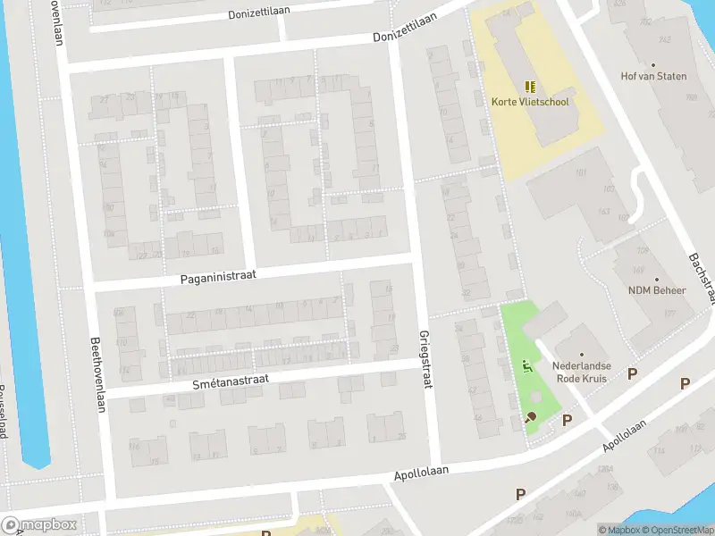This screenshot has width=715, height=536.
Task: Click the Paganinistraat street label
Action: click(218, 277)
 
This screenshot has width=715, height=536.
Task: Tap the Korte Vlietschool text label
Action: click(530, 102)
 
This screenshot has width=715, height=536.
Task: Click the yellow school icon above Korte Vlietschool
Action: click(530, 87)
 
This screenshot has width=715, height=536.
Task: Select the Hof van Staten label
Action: click(653, 76)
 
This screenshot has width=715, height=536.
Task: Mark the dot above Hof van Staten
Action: click(653, 64)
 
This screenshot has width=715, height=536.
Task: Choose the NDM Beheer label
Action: click(657, 290)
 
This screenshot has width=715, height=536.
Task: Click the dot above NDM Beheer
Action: click(657, 279)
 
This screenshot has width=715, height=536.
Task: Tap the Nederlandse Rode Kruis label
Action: click(581, 373)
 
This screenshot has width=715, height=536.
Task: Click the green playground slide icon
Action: click(526, 365)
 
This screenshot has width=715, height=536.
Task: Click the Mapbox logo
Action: click(39, 525)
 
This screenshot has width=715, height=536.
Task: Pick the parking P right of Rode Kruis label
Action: click(633, 373)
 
